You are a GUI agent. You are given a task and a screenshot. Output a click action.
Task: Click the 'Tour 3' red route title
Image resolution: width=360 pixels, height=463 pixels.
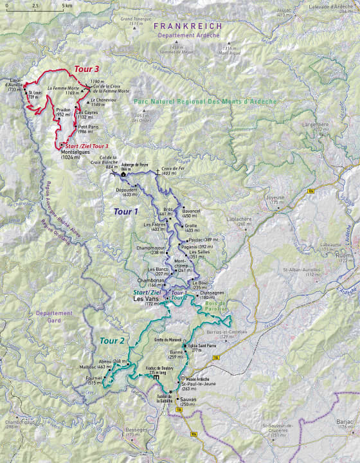pyautogui.click(x=87, y=69)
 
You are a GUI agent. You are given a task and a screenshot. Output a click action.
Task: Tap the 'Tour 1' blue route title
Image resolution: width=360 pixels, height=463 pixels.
pyautogui.click(x=126, y=211)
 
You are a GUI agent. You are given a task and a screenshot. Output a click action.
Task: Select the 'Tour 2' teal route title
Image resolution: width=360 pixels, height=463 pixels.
pyautogui.click(x=112, y=340)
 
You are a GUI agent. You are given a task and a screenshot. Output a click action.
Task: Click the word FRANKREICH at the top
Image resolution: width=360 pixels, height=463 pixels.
pyautogui.click(x=188, y=26)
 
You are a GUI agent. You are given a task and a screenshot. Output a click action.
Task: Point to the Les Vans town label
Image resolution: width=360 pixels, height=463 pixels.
pyautogui.click(x=144, y=299)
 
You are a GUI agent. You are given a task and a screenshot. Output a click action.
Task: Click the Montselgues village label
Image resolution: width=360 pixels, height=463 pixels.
pyautogui.click(x=74, y=152)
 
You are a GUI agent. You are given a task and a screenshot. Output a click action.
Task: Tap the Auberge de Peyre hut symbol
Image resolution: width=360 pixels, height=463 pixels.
pyautogui.click(x=123, y=174)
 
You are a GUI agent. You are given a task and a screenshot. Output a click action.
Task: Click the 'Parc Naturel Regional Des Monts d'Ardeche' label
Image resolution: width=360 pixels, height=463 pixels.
pyautogui.click(x=205, y=102)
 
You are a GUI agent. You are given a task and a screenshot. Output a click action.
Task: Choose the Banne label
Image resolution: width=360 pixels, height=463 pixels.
pyautogui.click(x=175, y=352)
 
